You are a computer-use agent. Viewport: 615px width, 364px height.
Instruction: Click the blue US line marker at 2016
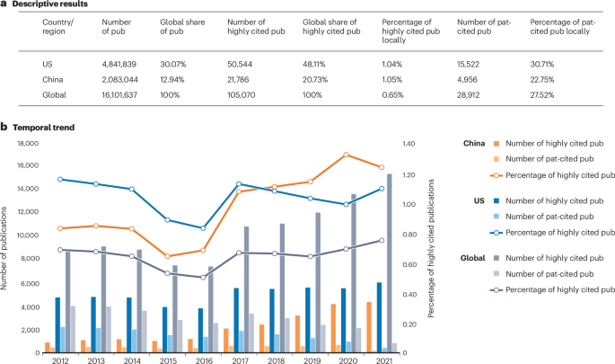[203, 228]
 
